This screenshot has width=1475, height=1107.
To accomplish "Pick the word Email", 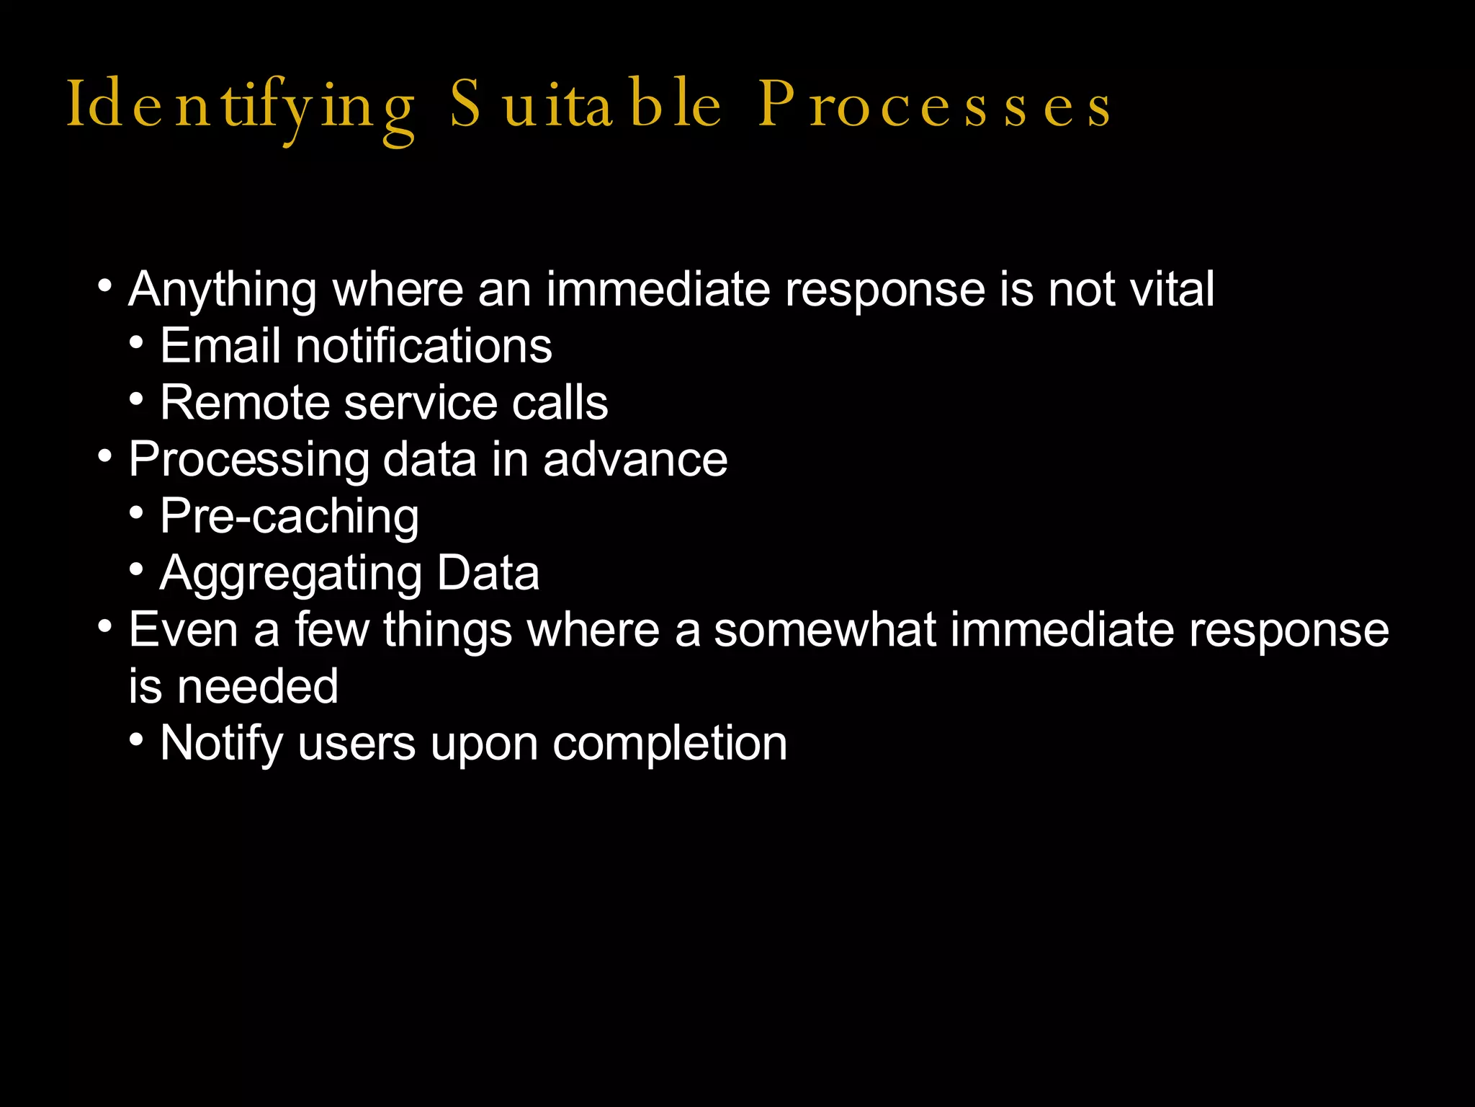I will [220, 345].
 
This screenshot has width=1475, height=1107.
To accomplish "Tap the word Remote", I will [246, 402].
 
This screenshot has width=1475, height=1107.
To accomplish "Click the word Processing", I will [248, 461].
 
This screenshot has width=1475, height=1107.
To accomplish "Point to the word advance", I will [635, 459].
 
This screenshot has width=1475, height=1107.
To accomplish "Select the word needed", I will [258, 686].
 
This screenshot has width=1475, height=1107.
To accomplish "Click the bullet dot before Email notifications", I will [137, 342].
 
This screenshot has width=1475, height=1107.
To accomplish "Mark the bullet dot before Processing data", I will [105, 455].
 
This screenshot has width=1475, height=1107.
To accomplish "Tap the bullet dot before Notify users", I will [137, 739].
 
